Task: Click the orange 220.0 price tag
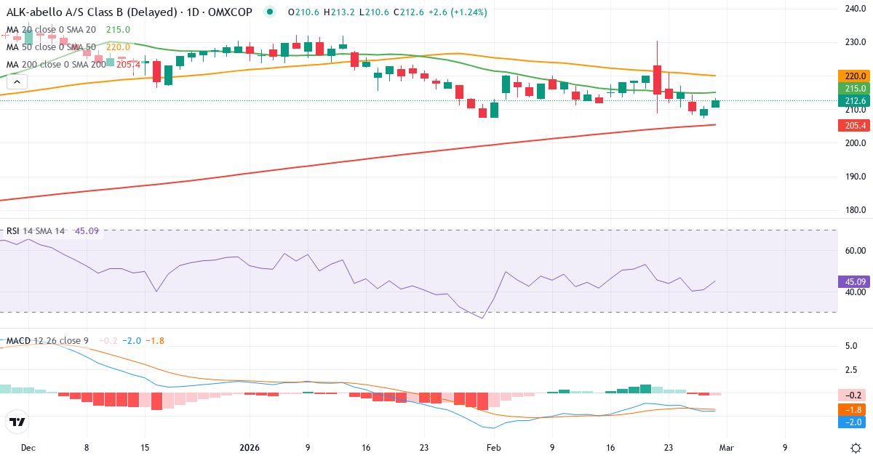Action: point(855,76)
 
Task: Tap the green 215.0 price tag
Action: point(855,89)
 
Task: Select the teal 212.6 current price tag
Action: point(855,101)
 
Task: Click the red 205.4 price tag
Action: point(855,126)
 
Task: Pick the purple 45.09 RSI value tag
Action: point(855,281)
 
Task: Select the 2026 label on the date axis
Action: point(250,448)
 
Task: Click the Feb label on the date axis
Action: point(494,448)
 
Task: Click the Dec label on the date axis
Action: point(28,448)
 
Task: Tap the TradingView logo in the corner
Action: point(17,422)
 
